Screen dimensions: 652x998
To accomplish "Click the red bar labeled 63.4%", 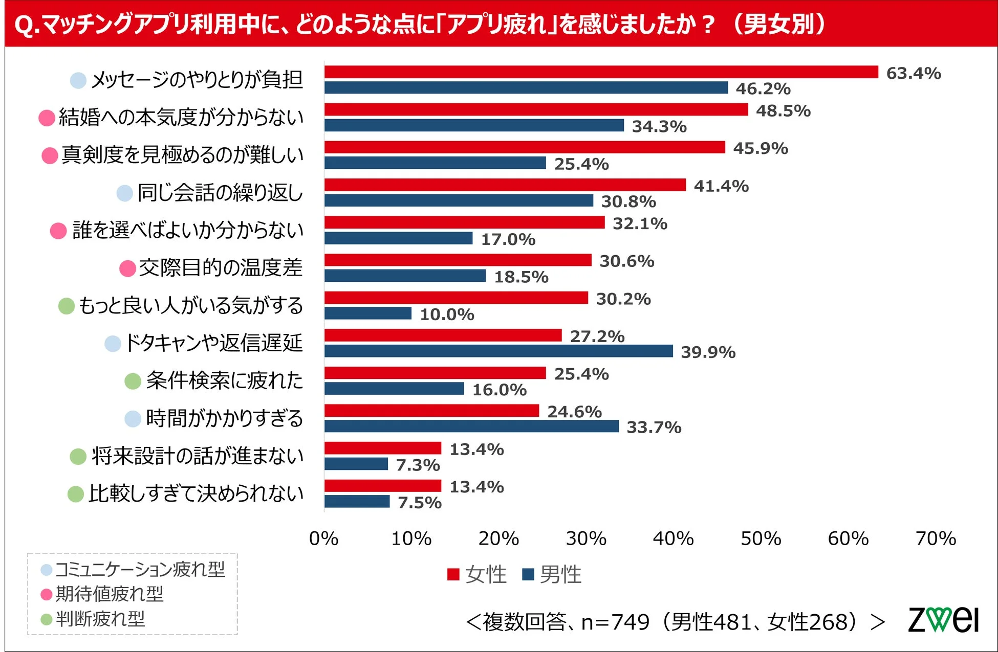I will pos(601,72).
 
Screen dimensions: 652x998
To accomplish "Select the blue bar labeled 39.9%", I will pos(498,351).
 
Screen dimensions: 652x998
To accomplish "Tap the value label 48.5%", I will pos(783,111).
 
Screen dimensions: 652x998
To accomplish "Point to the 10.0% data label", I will pos(447,314).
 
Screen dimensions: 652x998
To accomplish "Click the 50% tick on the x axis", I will pos(761,538).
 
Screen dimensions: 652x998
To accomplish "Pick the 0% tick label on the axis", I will pos(323,538).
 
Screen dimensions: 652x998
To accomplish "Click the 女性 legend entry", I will pos(477,574).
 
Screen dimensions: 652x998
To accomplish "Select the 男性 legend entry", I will pos(552,574).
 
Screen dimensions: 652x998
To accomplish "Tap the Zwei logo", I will pos(943,620).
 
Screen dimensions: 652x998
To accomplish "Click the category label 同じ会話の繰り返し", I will pos(220,193).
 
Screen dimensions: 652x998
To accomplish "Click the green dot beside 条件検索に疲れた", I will pos(133,381).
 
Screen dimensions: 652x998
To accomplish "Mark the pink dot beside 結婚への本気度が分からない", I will pos(47,118).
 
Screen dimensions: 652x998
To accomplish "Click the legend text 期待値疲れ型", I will pos(109,594).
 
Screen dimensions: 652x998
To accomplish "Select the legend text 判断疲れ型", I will pos(100,619).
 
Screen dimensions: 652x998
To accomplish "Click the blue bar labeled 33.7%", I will pos(471,426).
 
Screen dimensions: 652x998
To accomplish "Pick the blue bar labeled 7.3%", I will pos(356,464).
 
